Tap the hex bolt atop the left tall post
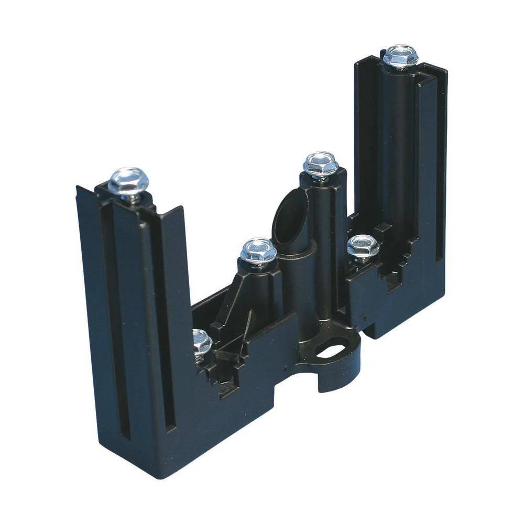point(129,181)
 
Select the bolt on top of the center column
point(320,164)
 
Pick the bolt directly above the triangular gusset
point(258,252)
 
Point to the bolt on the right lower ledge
point(363,246)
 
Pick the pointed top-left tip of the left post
point(78,188)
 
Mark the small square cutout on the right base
point(392,283)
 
